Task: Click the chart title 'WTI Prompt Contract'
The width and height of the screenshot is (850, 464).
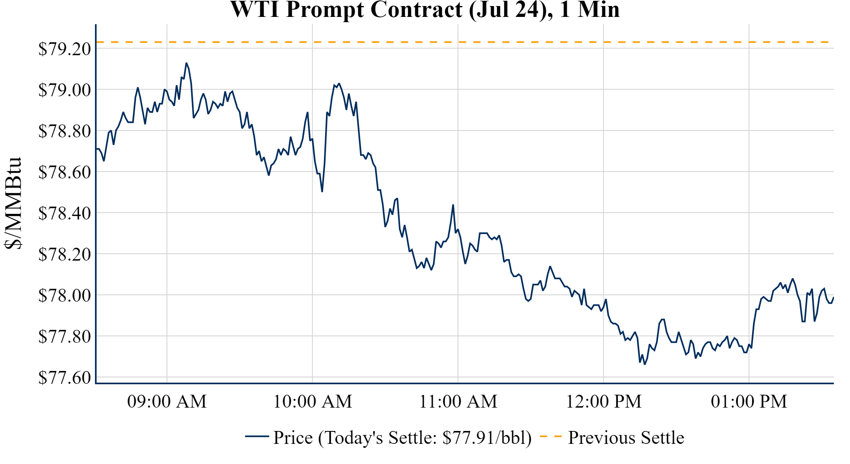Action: pyautogui.click(x=425, y=10)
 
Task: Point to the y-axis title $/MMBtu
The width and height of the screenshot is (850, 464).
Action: pyautogui.click(x=13, y=203)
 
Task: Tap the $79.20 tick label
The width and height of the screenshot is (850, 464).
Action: pyautogui.click(x=64, y=49)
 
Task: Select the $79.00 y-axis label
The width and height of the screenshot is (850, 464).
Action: pyautogui.click(x=64, y=90)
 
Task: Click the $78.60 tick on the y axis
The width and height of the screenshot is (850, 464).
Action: pyautogui.click(x=64, y=172)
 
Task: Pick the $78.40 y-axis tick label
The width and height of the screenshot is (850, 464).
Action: pyautogui.click(x=64, y=213)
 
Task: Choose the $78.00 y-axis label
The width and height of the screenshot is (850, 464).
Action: pyautogui.click(x=64, y=296)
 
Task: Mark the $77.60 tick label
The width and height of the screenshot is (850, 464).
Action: pyautogui.click(x=64, y=378)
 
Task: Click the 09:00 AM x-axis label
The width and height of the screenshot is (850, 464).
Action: pyautogui.click(x=167, y=402)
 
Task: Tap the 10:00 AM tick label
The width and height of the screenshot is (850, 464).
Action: pyautogui.click(x=313, y=402)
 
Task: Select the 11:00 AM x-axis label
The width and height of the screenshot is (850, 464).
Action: pyautogui.click(x=458, y=402)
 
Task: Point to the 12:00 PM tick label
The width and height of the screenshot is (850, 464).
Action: pyautogui.click(x=604, y=402)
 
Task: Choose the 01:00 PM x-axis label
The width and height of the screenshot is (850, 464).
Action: pyautogui.click(x=749, y=402)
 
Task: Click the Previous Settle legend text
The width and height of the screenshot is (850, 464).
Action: pyautogui.click(x=626, y=438)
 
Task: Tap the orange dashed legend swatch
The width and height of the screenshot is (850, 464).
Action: pyautogui.click(x=551, y=436)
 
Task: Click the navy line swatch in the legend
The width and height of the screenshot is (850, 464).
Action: pyautogui.click(x=257, y=436)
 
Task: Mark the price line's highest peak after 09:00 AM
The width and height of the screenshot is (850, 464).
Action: pyautogui.click(x=186, y=63)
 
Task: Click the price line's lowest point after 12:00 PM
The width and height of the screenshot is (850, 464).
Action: pyautogui.click(x=645, y=364)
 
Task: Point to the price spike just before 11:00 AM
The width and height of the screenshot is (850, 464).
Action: pyautogui.click(x=453, y=205)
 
